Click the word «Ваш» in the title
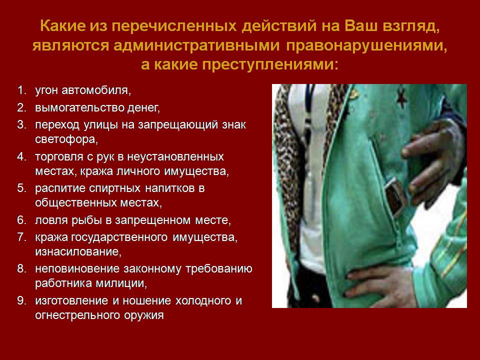(x=361, y=26)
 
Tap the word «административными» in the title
(x=196, y=45)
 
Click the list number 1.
(x=20, y=90)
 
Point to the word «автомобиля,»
(x=96, y=90)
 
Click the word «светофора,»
(x=66, y=139)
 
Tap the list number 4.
(x=21, y=156)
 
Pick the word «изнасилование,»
(x=78, y=251)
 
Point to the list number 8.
(x=21, y=268)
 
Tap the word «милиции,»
(x=121, y=283)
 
